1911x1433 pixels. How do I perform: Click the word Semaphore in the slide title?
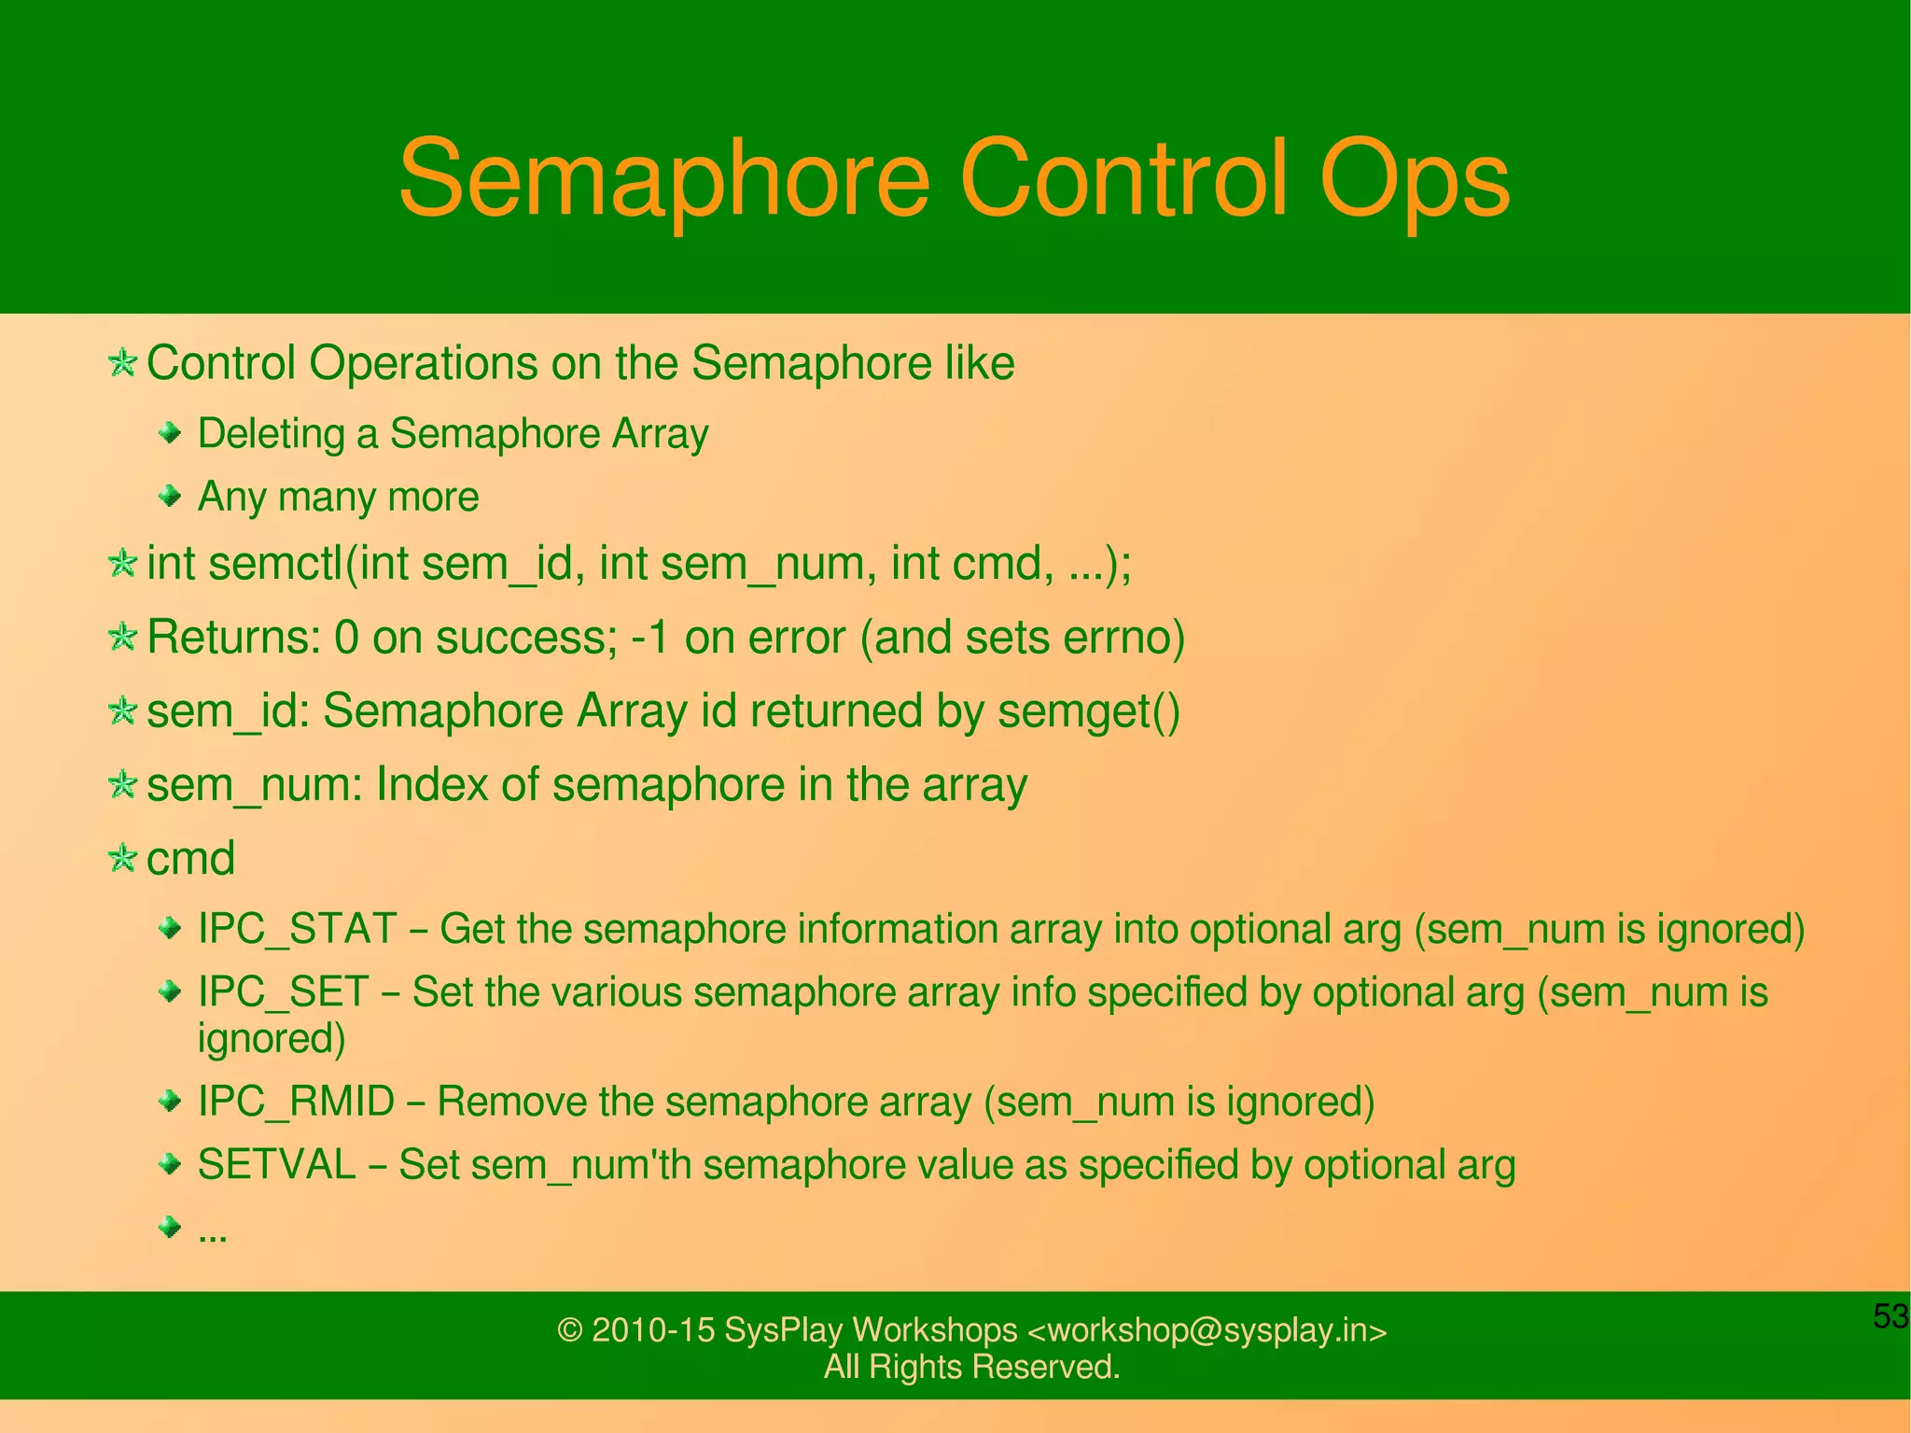tap(663, 179)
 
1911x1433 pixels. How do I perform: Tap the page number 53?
tap(1890, 1316)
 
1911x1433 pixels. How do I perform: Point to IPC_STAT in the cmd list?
tap(298, 929)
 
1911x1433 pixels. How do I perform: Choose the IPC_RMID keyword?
tap(297, 1102)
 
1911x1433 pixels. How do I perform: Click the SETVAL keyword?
tap(277, 1164)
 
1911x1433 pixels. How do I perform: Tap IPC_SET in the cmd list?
tap(284, 991)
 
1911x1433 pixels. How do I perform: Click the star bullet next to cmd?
tap(122, 858)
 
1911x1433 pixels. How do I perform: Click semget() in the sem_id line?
tap(1089, 711)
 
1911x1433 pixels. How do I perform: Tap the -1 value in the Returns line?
tap(650, 638)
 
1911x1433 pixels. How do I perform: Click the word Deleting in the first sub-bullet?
tap(272, 434)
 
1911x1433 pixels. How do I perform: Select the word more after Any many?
tap(433, 497)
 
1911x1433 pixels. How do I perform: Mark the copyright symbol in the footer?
tap(569, 1329)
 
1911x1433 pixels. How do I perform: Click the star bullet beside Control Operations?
tap(122, 362)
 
